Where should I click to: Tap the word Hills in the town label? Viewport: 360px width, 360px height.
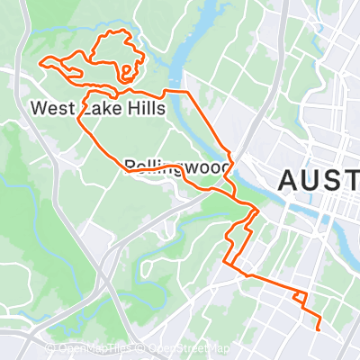143,108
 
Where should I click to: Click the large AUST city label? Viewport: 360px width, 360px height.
319,179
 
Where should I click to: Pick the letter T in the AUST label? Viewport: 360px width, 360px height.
354,179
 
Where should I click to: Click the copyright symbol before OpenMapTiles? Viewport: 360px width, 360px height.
51,348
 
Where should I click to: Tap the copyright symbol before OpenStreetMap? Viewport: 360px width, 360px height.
142,348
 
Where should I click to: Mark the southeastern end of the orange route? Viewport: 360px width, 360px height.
319,329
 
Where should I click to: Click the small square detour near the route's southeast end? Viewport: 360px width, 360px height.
300,298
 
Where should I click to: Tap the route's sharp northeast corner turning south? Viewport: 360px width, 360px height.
188,93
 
